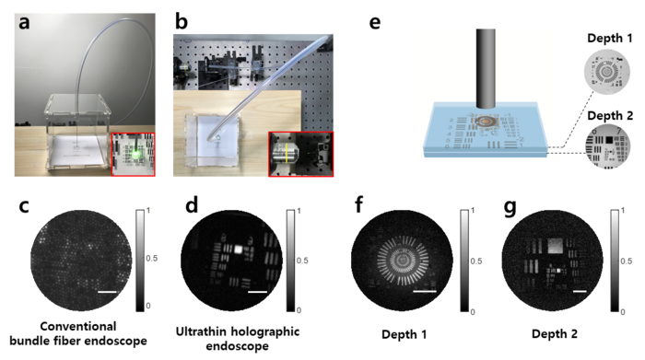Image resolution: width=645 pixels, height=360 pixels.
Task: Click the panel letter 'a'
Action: [x=25, y=23]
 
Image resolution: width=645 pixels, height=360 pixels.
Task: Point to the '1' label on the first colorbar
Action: [x=147, y=212]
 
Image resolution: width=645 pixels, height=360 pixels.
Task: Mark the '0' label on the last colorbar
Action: [x=624, y=311]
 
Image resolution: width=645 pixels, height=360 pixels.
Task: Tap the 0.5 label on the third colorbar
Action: [x=476, y=261]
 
